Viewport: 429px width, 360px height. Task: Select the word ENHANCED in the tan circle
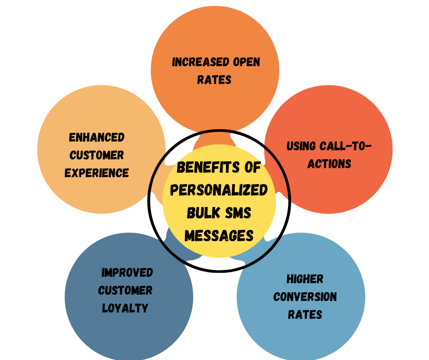click(97, 138)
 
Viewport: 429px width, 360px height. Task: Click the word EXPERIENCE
click(97, 173)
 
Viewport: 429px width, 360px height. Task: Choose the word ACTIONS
click(329, 164)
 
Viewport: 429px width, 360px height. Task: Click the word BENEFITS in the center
click(204, 168)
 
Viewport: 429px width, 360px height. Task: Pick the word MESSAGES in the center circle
click(219, 235)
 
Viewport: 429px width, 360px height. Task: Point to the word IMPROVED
click(127, 273)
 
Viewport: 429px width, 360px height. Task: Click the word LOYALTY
click(125, 308)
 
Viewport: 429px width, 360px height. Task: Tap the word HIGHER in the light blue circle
click(305, 279)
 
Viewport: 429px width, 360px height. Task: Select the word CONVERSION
click(305, 297)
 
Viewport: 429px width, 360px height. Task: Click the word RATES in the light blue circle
click(305, 315)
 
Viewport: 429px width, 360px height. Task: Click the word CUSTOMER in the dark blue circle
click(125, 291)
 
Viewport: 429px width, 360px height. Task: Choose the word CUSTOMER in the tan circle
click(97, 155)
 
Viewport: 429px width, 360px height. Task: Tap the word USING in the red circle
click(301, 146)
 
